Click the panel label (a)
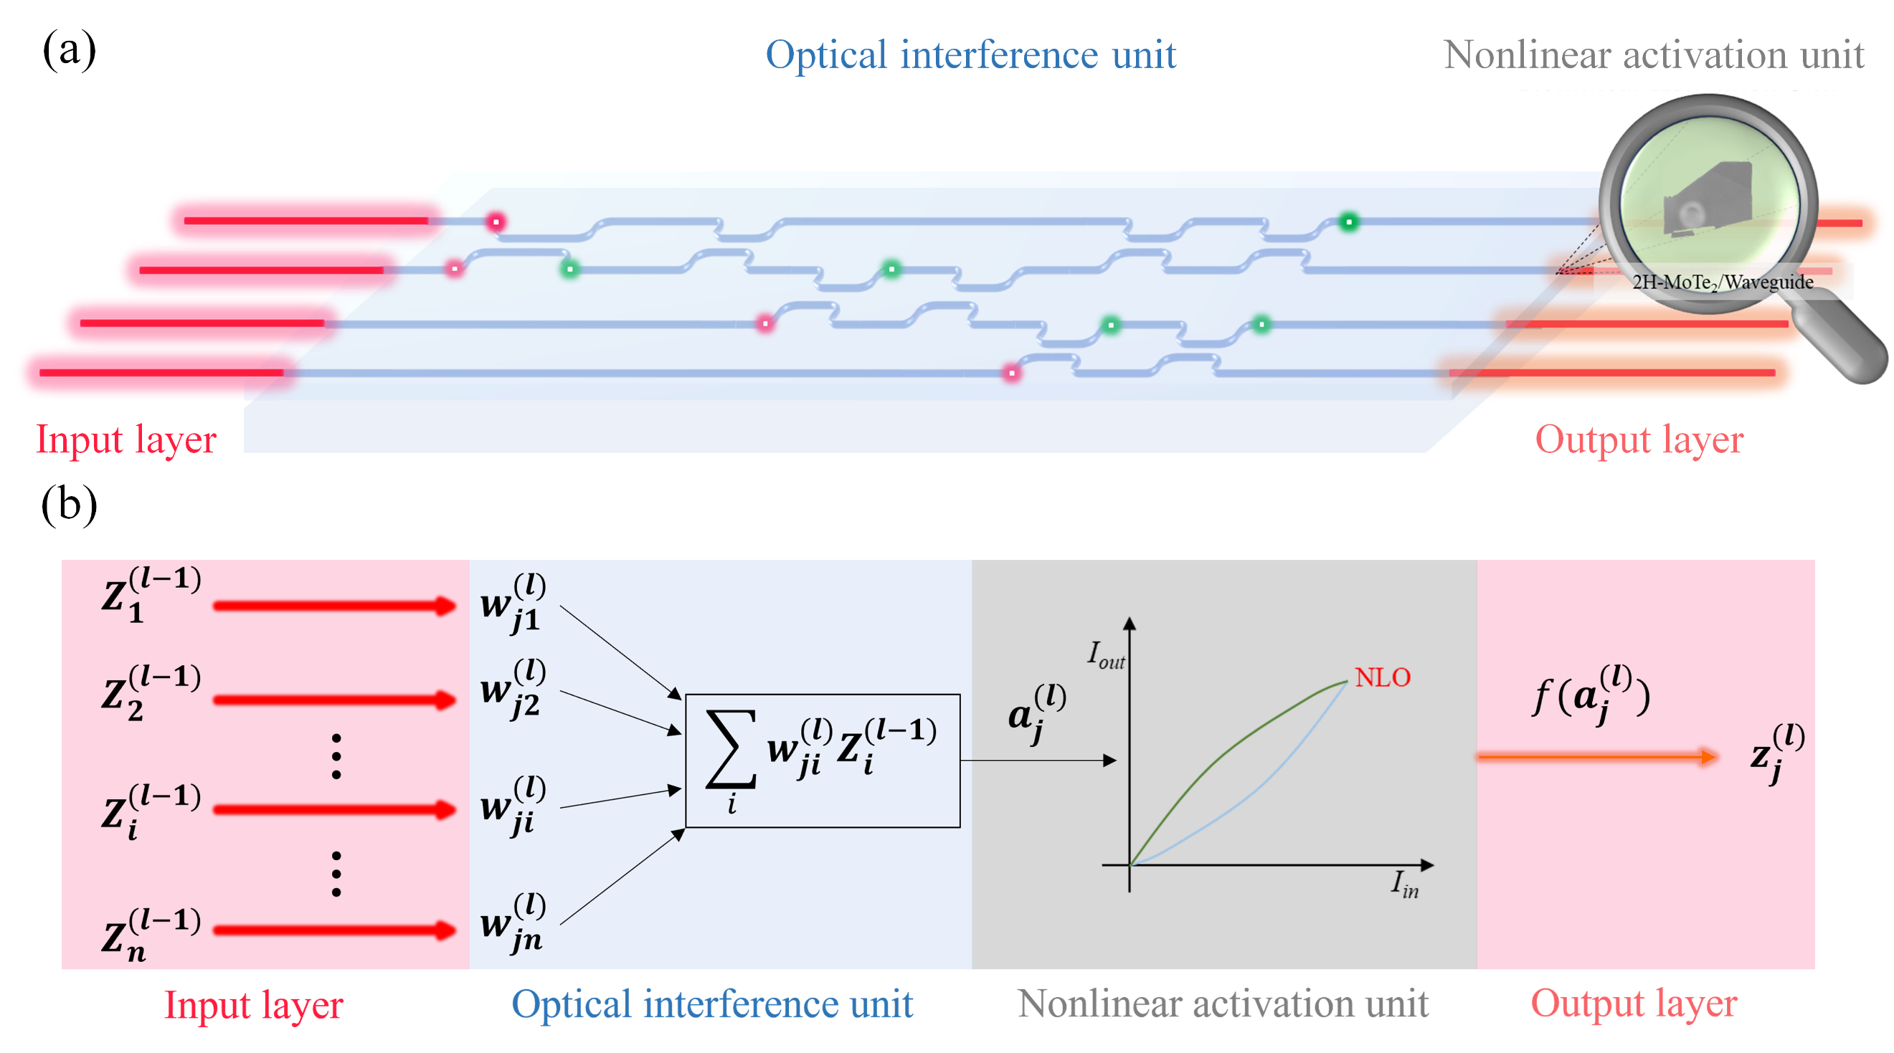coord(69,50)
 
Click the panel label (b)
coord(69,505)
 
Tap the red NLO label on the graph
coord(1382,677)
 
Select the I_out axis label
coord(1106,654)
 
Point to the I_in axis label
coord(1404,884)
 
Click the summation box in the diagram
coord(822,761)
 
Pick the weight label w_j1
coord(513,604)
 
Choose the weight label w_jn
coord(513,923)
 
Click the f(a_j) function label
coord(1591,695)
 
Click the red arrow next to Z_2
coord(334,699)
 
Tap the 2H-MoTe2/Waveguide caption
coord(1722,282)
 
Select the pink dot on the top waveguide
coord(496,221)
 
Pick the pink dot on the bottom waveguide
coord(1012,373)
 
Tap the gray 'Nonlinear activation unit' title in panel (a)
coord(1653,55)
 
